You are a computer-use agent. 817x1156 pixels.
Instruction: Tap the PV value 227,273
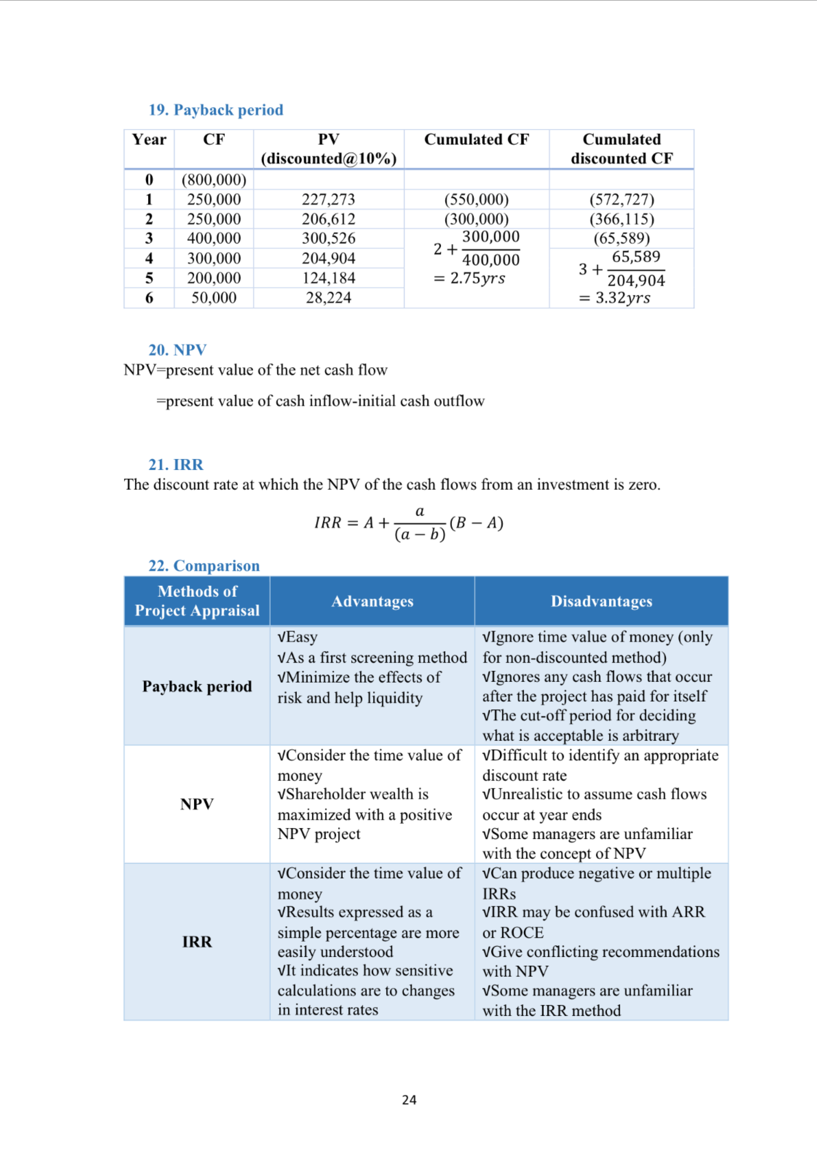point(328,199)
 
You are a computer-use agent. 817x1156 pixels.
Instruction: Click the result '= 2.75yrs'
point(469,278)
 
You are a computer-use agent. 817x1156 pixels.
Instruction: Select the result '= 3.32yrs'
point(615,298)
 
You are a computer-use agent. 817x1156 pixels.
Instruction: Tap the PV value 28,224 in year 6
point(328,298)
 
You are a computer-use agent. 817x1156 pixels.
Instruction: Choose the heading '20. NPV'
point(177,349)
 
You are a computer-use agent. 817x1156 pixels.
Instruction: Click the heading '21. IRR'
point(176,464)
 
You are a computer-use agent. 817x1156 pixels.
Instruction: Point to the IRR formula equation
point(408,523)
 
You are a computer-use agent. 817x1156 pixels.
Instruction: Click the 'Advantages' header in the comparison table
point(372,601)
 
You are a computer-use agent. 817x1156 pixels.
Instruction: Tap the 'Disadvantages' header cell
point(601,601)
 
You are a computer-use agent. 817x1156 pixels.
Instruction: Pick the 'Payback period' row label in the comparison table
point(197,686)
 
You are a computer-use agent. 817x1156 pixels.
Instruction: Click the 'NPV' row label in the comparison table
point(197,804)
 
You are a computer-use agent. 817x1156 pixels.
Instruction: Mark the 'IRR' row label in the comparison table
point(197,942)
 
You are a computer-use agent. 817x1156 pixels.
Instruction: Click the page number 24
point(409,1100)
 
